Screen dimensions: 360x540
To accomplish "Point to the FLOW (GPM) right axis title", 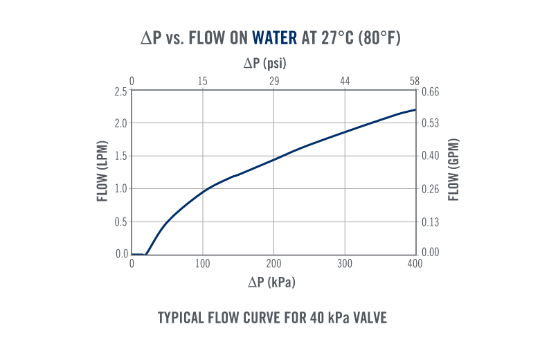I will pos(454,170).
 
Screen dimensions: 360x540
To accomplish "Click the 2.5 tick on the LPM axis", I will pos(120,91).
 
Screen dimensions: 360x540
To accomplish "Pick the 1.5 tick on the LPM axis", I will pos(120,156).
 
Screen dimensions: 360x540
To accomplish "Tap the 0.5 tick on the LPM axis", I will pos(120,222).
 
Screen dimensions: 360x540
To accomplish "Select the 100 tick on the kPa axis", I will pos(203,264).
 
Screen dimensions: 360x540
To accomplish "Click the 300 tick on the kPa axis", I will pos(345,264).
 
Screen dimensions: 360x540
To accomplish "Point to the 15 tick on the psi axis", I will pos(203,82).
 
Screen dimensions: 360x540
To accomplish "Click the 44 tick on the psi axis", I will pos(345,82).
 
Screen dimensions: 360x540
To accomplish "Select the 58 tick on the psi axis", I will pos(415,82).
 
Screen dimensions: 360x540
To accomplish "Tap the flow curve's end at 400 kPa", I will pos(415,109).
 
